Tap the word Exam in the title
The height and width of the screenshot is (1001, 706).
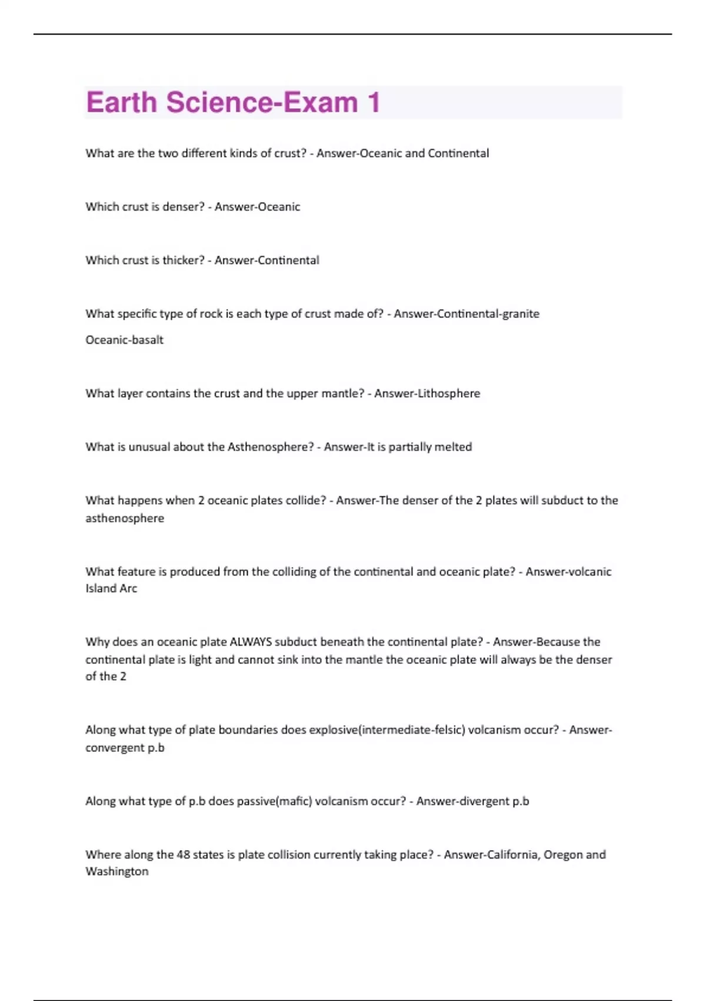click(321, 102)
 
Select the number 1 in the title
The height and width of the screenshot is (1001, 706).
click(373, 102)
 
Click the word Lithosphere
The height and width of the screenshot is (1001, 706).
click(447, 393)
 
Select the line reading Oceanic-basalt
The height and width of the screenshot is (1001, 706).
click(124, 340)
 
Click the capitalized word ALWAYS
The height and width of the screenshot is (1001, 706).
click(250, 642)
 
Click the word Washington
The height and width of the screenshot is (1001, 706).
click(116, 871)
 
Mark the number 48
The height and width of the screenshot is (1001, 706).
click(183, 854)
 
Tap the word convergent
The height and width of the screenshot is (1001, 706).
click(112, 748)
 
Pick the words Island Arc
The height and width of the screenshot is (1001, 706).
click(111, 588)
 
